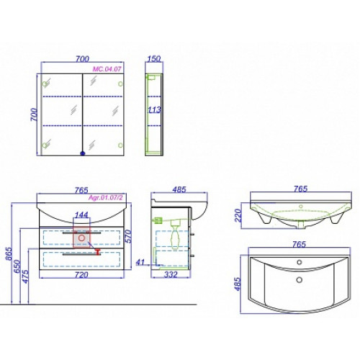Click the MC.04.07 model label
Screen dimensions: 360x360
coord(107,69)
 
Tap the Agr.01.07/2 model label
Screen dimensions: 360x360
coord(106,198)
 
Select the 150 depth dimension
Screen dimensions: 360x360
coord(153,58)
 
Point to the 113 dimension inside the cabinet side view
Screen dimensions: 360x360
coord(154,110)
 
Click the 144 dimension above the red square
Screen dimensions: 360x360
coord(81,215)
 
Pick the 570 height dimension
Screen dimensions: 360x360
coord(128,236)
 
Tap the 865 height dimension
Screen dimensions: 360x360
coord(9,253)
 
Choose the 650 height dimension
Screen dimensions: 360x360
coord(17,266)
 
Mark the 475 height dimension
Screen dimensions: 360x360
coord(25,276)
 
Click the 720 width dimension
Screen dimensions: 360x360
coord(81,275)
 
